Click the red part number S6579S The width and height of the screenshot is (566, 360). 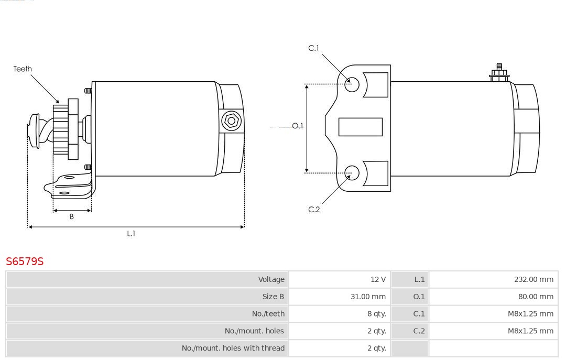click(x=25, y=261)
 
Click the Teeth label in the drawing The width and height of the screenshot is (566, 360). click(x=23, y=69)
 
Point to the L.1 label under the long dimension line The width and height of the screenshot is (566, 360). click(x=131, y=234)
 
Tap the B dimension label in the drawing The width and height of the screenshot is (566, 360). click(x=71, y=216)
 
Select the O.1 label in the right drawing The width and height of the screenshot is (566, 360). click(x=298, y=126)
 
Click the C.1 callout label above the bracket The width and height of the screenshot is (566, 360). click(x=314, y=48)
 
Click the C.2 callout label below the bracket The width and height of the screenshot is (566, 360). click(x=314, y=210)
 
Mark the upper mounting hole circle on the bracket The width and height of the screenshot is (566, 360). click(x=352, y=84)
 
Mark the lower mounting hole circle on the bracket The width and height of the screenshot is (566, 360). click(x=352, y=173)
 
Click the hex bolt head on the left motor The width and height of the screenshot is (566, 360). click(x=231, y=121)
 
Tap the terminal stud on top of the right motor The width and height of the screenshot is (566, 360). click(x=499, y=72)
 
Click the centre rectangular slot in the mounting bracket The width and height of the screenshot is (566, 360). click(x=360, y=127)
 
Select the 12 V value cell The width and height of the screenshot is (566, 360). click(x=378, y=279)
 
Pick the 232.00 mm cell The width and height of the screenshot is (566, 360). click(x=534, y=279)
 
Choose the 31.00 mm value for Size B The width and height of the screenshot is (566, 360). click(x=368, y=297)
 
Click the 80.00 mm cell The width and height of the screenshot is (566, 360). click(x=536, y=297)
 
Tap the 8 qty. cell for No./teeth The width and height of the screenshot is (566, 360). click(x=376, y=314)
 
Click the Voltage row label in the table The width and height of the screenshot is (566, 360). click(x=271, y=279)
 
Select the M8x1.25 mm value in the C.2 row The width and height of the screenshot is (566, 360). click(x=530, y=331)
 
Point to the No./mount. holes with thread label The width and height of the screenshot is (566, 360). click(x=233, y=348)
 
